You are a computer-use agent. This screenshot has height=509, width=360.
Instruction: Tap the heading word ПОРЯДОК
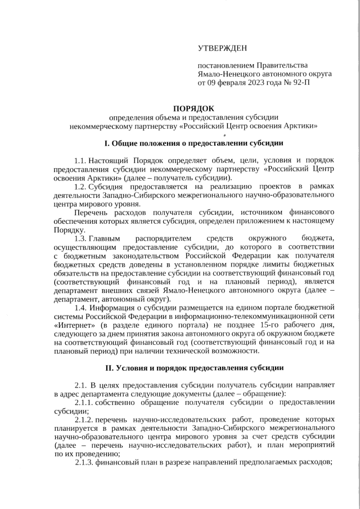click(193, 107)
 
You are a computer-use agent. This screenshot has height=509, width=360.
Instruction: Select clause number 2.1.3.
click(85, 462)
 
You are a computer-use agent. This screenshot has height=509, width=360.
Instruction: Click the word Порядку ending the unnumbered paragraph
click(69, 229)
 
